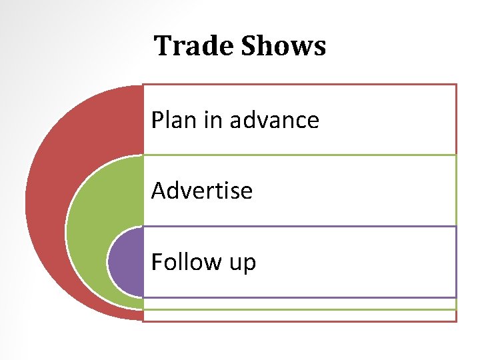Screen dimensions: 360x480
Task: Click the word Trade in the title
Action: point(195,46)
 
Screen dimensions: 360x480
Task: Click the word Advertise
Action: point(202,191)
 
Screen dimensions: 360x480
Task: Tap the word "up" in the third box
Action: point(242,264)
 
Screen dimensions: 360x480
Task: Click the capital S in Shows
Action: point(249,46)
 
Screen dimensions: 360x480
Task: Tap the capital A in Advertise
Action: point(159,191)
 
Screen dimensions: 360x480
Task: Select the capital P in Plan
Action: point(157,120)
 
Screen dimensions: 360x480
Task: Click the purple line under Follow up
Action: point(300,297)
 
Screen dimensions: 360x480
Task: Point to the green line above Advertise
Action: point(300,155)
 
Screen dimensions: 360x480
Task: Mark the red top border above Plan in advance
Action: point(300,85)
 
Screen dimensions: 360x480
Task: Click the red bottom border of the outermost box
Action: point(300,321)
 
